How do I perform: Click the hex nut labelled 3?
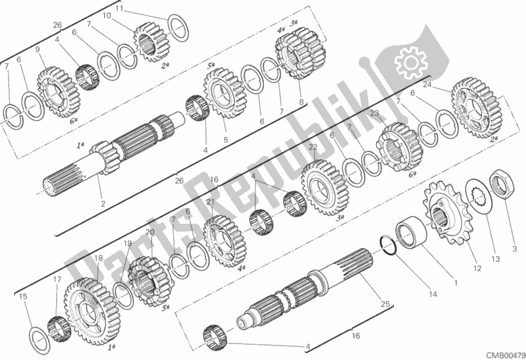(501, 184)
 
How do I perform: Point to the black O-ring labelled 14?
(388, 246)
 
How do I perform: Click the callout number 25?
(385, 304)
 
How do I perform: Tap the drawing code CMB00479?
(506, 355)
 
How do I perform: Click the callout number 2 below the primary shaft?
(103, 203)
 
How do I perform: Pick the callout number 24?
(427, 84)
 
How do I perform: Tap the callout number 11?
(119, 9)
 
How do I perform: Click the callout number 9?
(38, 49)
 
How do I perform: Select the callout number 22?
(313, 147)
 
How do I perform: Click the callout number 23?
(375, 113)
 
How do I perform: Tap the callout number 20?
(149, 232)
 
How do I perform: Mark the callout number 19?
(128, 244)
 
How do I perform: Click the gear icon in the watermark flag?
(411, 62)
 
